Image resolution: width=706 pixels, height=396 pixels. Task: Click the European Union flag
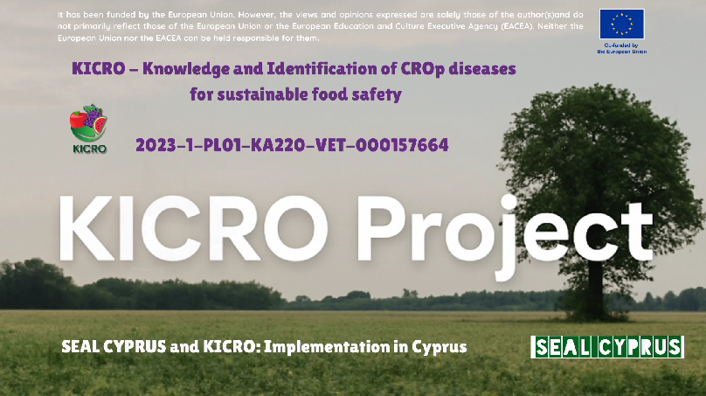(622, 24)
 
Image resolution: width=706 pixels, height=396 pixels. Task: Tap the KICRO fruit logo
(88, 123)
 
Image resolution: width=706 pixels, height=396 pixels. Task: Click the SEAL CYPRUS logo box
(607, 347)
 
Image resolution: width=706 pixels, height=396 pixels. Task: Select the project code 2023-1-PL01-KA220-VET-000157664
(292, 145)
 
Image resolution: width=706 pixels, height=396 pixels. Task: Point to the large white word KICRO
(194, 228)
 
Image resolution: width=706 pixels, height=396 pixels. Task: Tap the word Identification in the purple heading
(328, 68)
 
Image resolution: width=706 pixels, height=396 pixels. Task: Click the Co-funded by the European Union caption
(622, 48)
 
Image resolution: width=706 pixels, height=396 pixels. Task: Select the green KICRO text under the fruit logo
(90, 149)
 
